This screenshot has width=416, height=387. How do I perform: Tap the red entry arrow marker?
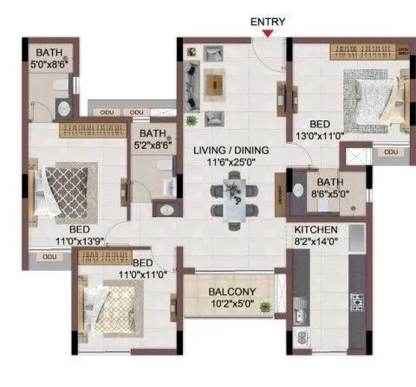[x=269, y=34]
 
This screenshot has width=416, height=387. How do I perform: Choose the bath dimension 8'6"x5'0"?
[x=331, y=194]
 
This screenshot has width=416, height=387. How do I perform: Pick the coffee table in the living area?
[x=214, y=83]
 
